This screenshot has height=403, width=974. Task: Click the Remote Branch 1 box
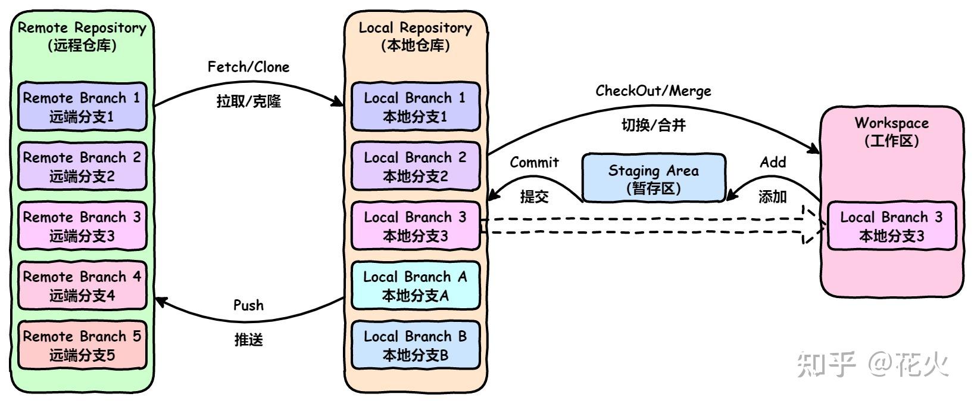(x=82, y=107)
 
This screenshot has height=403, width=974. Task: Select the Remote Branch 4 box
(x=82, y=286)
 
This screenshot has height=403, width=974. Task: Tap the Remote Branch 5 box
(x=82, y=345)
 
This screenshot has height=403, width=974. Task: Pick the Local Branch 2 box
(x=416, y=166)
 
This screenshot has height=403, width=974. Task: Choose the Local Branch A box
(x=416, y=286)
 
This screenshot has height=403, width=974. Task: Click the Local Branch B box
(x=416, y=345)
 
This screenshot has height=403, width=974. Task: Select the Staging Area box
(x=653, y=178)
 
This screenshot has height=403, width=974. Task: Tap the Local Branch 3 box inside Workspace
(x=891, y=226)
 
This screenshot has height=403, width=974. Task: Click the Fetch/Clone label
(x=248, y=67)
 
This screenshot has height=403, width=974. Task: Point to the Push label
(x=248, y=305)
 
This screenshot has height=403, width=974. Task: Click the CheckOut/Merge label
(x=653, y=91)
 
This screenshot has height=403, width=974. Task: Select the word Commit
(x=534, y=162)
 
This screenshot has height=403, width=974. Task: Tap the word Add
(x=773, y=162)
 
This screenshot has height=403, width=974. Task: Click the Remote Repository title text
(x=82, y=28)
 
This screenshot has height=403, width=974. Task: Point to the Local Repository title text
(x=415, y=28)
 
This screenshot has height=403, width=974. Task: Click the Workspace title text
(x=891, y=123)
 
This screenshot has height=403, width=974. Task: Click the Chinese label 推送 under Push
(x=248, y=340)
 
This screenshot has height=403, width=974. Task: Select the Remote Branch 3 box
(x=82, y=226)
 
